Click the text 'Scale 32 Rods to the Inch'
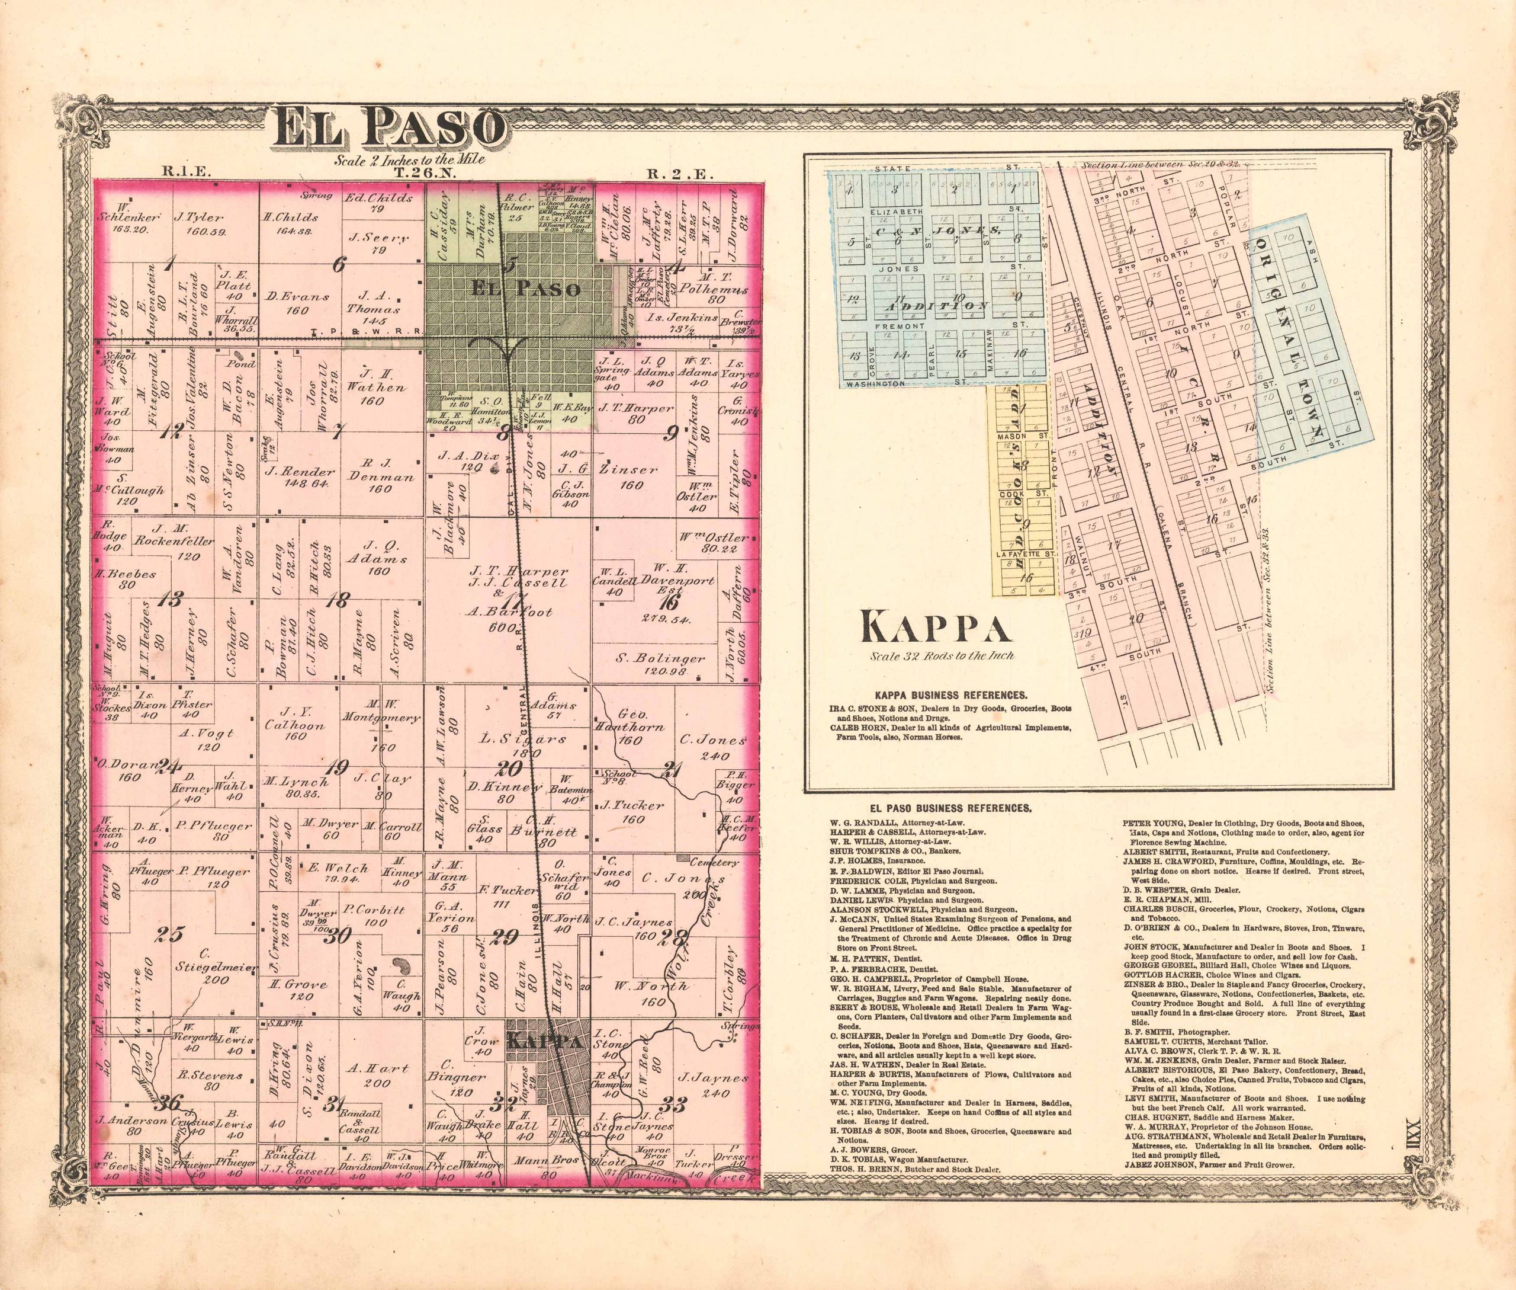tap(942, 655)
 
